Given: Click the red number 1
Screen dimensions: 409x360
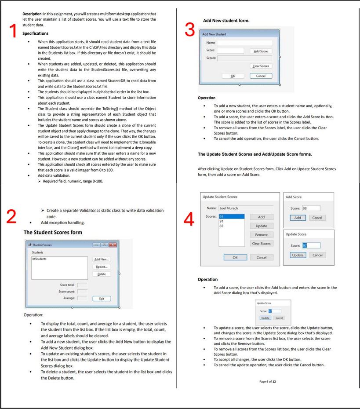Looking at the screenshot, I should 13,31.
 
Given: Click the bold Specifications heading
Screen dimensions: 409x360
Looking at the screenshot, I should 36,33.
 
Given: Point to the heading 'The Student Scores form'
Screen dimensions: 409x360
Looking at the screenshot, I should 53,232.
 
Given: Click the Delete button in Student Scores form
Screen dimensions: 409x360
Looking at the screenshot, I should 102,274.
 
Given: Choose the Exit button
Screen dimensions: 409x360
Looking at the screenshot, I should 102,299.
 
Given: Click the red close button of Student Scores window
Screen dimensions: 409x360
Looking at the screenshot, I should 113,245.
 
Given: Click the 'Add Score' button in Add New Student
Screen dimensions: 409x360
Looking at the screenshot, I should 261,51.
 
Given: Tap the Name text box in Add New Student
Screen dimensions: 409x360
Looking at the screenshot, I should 244,43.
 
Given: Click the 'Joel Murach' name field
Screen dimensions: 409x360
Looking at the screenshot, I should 246,208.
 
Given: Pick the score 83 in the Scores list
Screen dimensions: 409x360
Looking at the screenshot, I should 222,226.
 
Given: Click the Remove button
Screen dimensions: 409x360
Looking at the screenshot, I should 261,235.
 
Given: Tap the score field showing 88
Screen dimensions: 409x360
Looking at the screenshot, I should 311,208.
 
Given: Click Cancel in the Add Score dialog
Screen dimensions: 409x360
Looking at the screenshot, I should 317,218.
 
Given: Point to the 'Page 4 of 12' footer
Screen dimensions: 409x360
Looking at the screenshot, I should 268,381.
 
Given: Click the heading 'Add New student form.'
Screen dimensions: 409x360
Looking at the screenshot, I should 226,21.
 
